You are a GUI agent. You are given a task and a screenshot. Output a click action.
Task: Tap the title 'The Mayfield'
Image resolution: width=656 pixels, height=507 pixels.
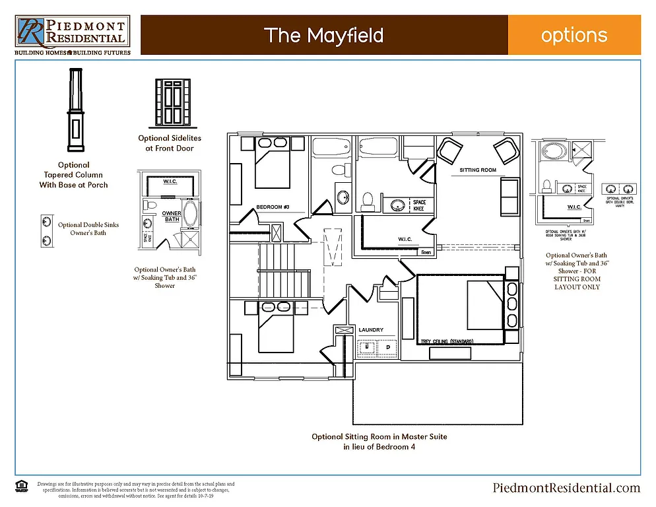pos(323,35)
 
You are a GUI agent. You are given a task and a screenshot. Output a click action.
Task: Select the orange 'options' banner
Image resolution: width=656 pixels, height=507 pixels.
pos(574,35)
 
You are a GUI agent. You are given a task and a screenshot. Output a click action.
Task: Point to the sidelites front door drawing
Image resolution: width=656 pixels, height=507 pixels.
pos(172,103)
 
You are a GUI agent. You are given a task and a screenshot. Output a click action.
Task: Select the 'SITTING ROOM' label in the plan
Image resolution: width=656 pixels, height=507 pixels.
pos(478,170)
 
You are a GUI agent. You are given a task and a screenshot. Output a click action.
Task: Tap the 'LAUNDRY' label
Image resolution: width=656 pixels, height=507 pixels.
pos(371,329)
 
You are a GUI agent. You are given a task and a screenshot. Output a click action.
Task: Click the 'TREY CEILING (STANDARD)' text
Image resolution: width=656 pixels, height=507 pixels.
pos(447,342)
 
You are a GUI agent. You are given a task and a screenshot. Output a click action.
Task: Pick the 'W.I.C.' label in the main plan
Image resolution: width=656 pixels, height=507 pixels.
pos(405,239)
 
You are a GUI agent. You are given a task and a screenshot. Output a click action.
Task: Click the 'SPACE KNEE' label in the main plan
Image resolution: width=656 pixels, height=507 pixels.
pos(420,205)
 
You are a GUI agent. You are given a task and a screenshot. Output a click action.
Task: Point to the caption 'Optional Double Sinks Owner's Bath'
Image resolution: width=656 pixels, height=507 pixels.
pos(88,228)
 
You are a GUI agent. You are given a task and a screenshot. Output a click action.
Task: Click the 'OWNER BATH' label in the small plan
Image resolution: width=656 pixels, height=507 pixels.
pos(172,217)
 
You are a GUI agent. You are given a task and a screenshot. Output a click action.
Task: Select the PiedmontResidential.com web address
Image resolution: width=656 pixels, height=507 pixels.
pos(566,488)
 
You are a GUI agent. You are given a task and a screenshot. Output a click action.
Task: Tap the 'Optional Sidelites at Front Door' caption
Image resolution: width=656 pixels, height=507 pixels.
pos(170,143)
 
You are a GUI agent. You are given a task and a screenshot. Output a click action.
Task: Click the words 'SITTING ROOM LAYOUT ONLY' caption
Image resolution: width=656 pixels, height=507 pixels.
pos(577,283)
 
